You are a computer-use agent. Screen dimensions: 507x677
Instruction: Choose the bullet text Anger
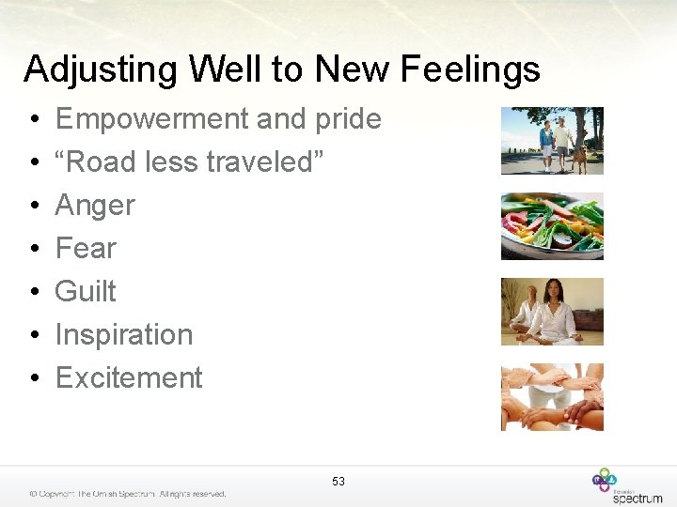point(95,206)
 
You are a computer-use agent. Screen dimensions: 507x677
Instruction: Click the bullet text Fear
point(86,249)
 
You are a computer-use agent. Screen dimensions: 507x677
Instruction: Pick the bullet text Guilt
point(86,292)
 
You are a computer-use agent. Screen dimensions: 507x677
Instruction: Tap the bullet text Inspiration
point(124,335)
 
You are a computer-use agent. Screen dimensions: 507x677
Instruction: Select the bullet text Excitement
point(129,378)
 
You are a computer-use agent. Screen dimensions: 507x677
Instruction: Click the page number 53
point(338,482)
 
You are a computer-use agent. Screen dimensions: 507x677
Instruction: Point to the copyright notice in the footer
point(127,494)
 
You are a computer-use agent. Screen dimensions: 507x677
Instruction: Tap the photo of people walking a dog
point(552,141)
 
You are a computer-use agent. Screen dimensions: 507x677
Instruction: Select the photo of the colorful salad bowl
point(552,226)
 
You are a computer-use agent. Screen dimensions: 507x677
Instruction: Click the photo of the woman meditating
point(552,312)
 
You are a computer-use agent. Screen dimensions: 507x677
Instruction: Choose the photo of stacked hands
point(552,397)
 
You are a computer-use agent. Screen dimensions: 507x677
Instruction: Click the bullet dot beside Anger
point(33,207)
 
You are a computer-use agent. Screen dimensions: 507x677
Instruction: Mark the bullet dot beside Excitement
point(33,379)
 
